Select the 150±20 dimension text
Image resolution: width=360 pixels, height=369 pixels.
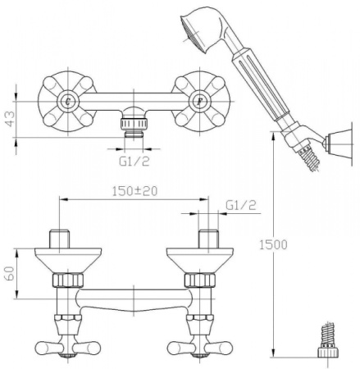coord(135,193)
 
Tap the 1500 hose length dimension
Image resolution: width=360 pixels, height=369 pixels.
coord(262,244)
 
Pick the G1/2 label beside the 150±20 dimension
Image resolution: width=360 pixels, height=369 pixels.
coord(240,203)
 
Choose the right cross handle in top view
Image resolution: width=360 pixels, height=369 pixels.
coord(199,101)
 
